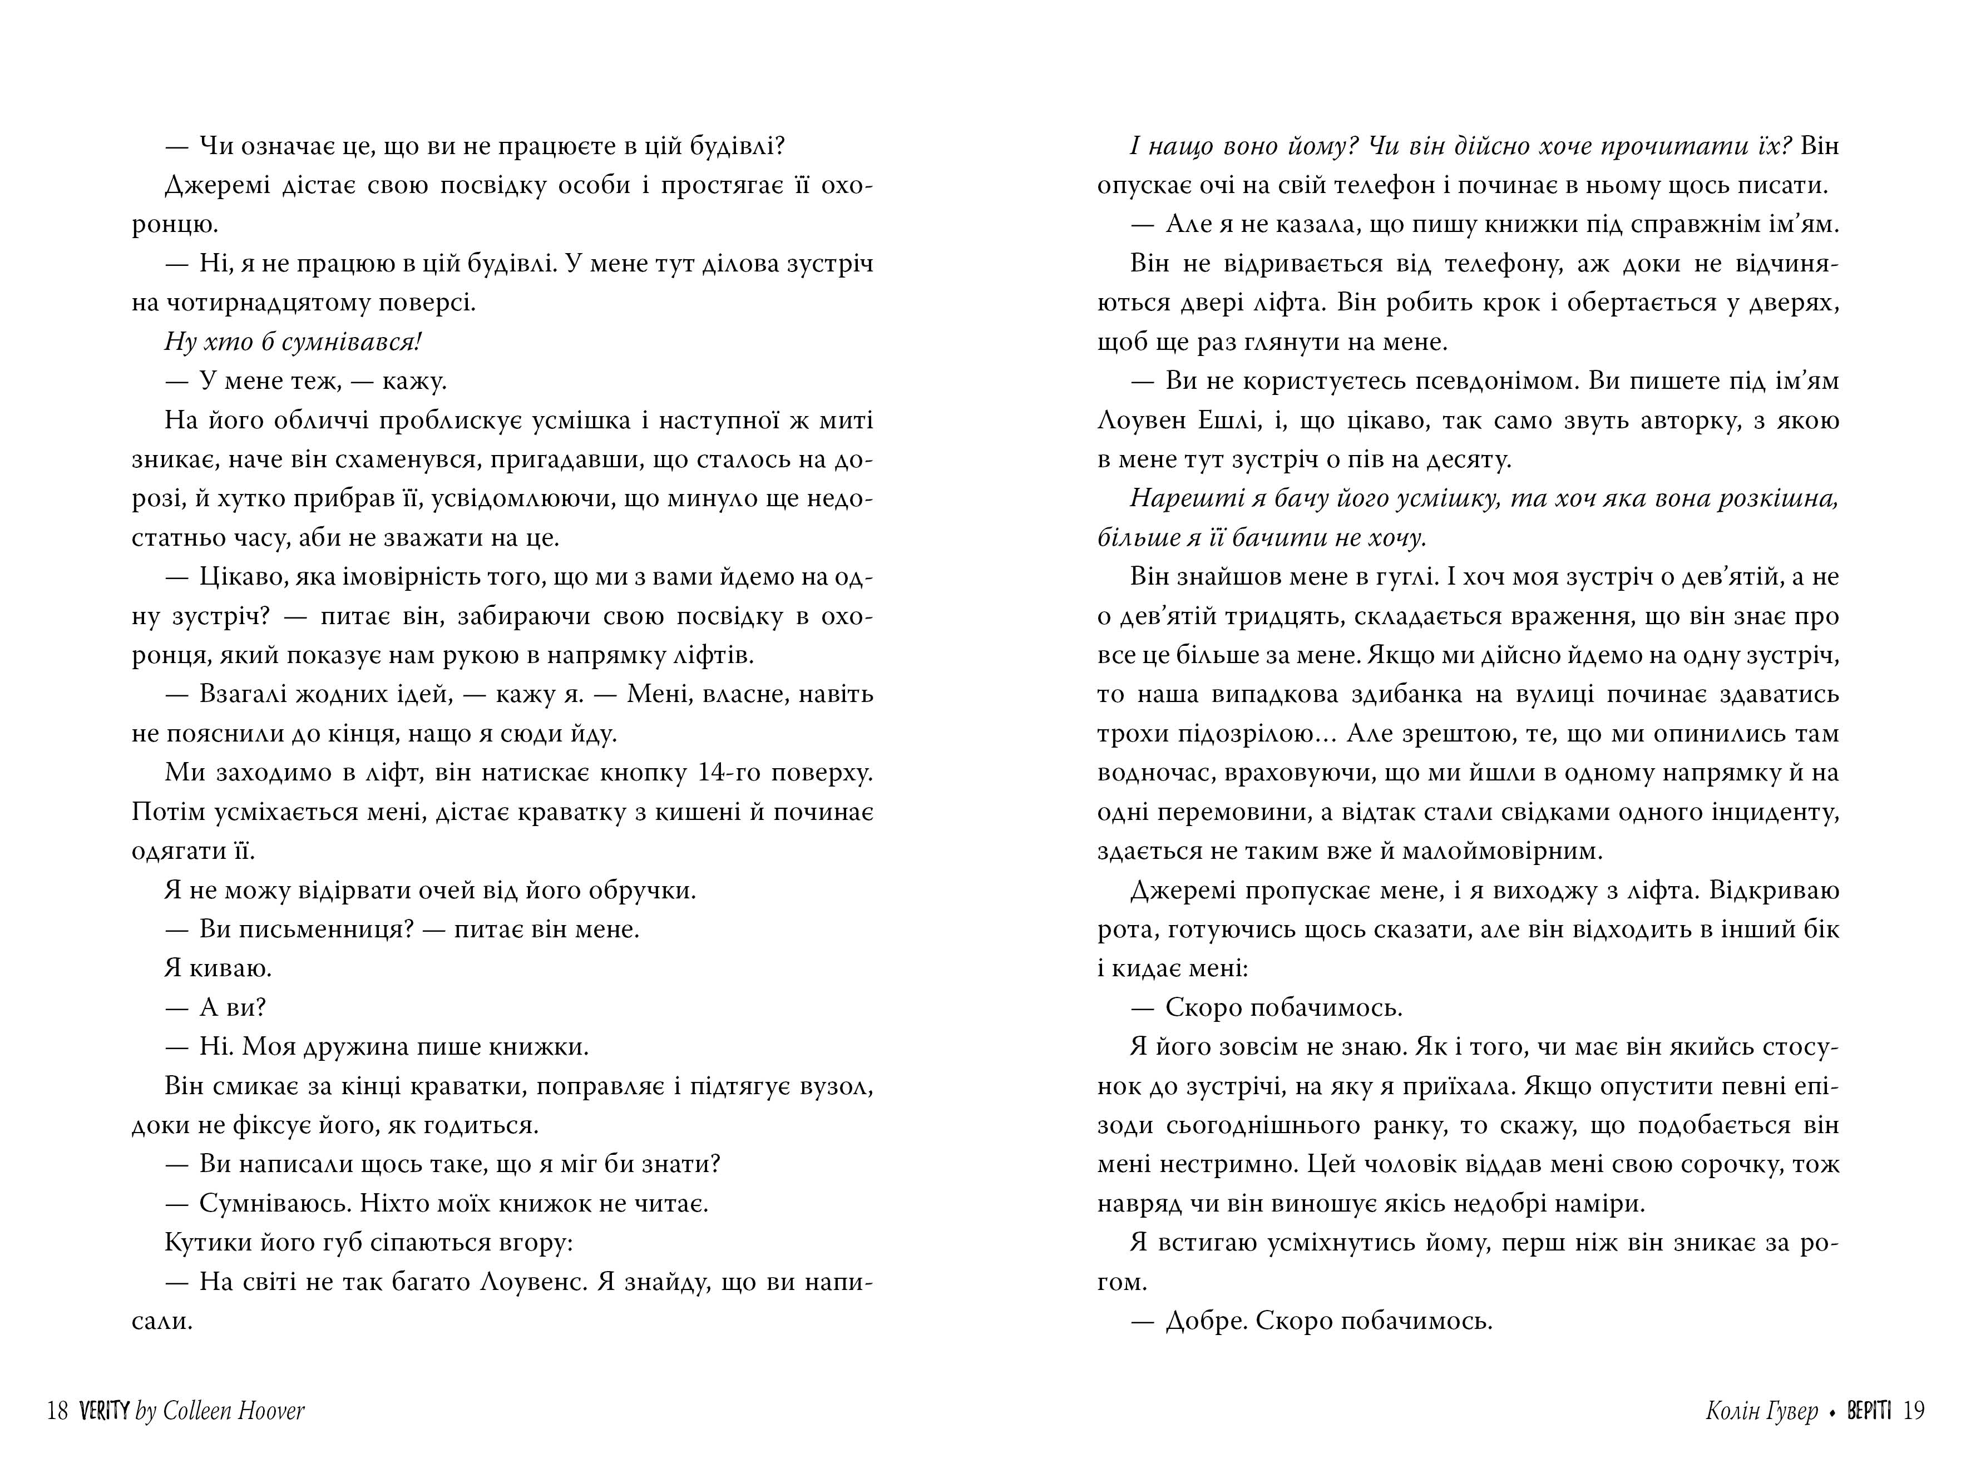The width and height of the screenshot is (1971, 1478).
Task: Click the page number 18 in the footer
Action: click(58, 1410)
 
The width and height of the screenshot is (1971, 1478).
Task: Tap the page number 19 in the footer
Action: click(1914, 1410)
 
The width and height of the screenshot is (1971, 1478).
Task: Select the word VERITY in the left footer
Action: click(104, 1410)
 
